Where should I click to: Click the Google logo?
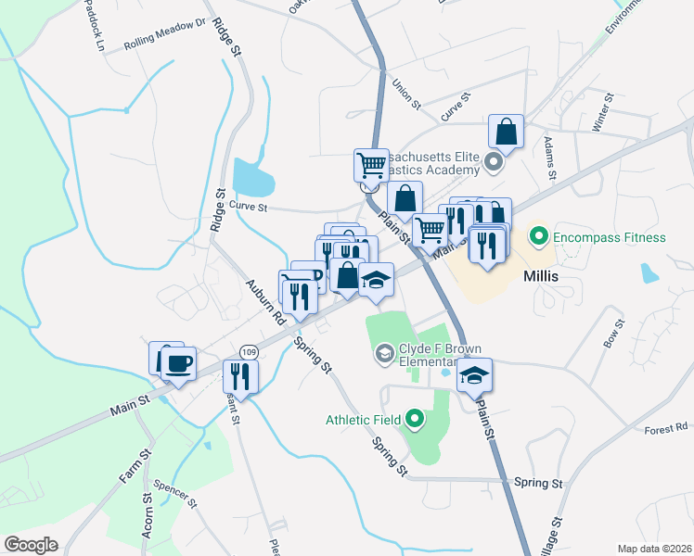coord(31,545)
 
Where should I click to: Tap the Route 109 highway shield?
coord(248,352)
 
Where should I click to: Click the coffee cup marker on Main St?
coord(179,363)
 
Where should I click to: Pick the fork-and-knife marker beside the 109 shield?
coord(240,375)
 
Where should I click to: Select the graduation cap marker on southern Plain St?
coord(474,374)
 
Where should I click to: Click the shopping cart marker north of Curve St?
coord(371,165)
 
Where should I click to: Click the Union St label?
coord(406,92)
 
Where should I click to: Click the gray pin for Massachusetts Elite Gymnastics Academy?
coord(494,165)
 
